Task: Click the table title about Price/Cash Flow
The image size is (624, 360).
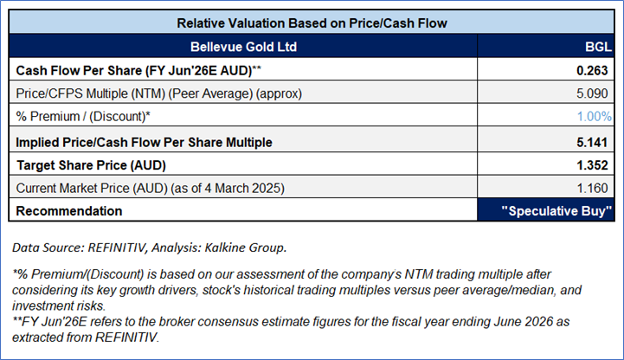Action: point(312,23)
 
